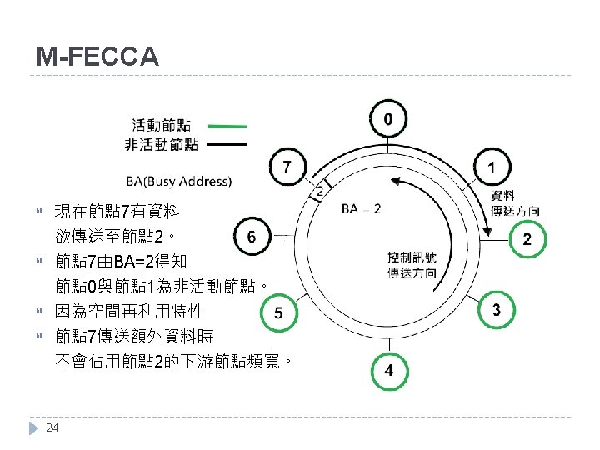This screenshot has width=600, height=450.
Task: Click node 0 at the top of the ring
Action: [x=388, y=120]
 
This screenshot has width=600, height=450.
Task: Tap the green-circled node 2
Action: [x=526, y=239]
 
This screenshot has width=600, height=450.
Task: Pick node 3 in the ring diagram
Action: [x=497, y=311]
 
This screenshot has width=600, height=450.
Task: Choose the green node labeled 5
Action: [x=278, y=312]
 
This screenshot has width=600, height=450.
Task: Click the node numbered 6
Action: [x=251, y=237]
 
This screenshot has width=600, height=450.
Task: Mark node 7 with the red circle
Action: [x=287, y=167]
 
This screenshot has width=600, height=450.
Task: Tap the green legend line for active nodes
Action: [x=227, y=127]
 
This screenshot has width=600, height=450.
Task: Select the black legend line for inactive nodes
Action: [x=227, y=145]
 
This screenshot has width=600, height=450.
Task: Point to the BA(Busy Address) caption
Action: [x=179, y=180]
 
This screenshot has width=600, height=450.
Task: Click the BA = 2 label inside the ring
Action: [x=362, y=208]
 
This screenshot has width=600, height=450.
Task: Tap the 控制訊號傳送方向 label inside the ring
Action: [x=411, y=264]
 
